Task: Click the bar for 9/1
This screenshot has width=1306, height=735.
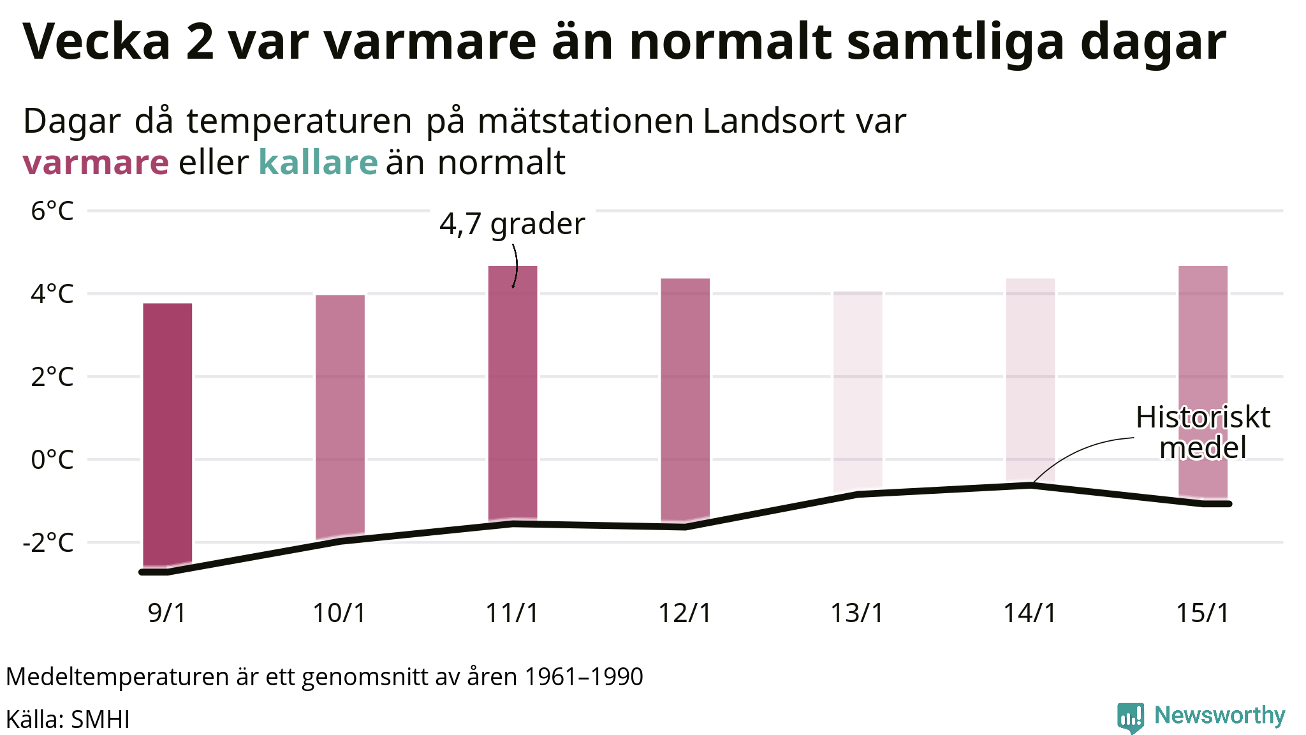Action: [167, 434]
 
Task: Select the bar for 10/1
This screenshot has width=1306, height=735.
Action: [340, 415]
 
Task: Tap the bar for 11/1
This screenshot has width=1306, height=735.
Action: [513, 392]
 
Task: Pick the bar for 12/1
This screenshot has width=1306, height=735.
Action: [685, 399]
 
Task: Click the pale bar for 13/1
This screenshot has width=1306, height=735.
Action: [858, 389]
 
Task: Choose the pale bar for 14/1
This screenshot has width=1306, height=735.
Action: [1030, 380]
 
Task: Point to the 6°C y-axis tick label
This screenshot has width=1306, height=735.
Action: [52, 211]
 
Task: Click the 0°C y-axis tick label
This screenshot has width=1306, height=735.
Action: [52, 459]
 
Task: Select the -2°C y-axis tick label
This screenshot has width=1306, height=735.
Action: [48, 542]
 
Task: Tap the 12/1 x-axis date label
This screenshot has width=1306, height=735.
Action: [685, 613]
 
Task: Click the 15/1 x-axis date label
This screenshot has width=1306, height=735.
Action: [1203, 613]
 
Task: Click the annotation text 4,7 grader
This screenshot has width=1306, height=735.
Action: [512, 224]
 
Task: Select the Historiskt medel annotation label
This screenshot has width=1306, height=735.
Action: [1203, 433]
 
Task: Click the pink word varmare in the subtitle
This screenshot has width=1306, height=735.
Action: [96, 163]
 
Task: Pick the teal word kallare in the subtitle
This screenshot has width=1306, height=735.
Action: [318, 163]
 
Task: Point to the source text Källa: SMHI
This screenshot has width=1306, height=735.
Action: [68, 719]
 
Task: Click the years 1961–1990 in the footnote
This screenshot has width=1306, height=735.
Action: [583, 677]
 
